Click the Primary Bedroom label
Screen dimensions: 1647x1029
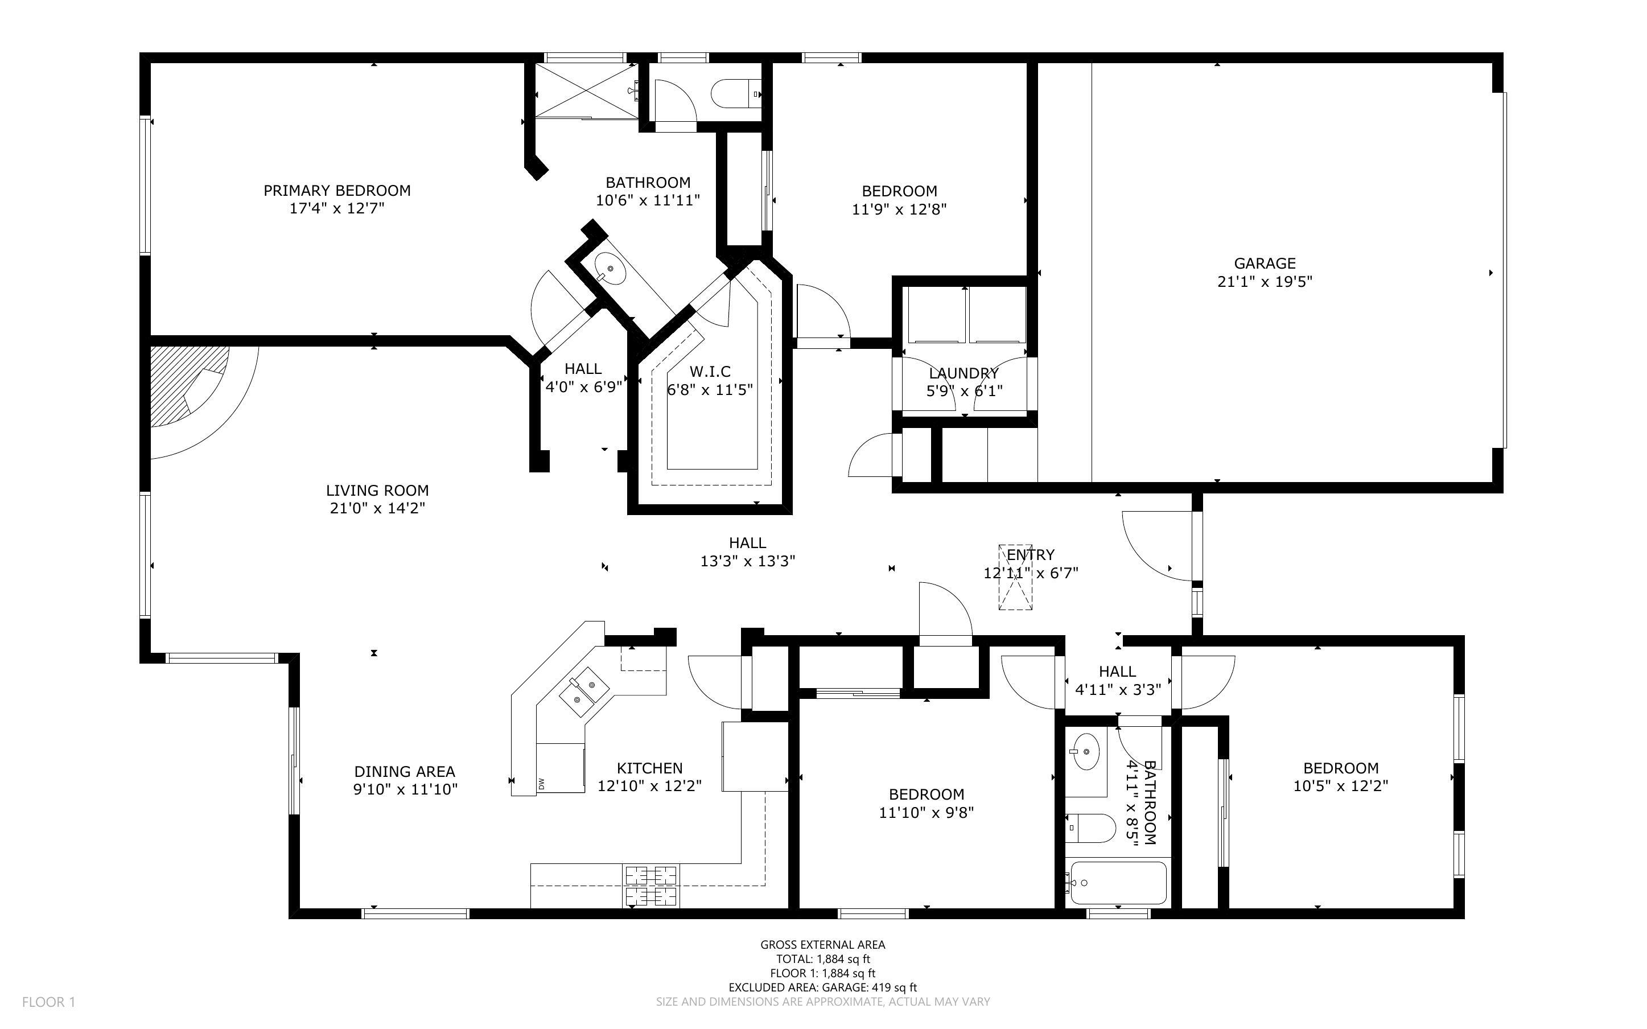point(337,191)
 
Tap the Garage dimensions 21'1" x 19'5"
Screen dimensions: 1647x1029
point(1265,281)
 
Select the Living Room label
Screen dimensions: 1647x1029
point(377,490)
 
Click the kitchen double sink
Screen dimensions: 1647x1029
point(582,692)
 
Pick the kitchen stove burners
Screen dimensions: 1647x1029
point(651,886)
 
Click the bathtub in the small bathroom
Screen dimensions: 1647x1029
point(1118,883)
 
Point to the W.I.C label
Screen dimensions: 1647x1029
point(710,372)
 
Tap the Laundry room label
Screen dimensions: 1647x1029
point(964,373)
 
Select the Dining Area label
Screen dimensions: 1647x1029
point(405,771)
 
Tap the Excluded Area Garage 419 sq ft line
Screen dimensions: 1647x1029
point(822,987)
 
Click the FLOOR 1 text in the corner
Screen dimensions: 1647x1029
point(48,1002)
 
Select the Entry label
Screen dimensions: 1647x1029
point(1031,555)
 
